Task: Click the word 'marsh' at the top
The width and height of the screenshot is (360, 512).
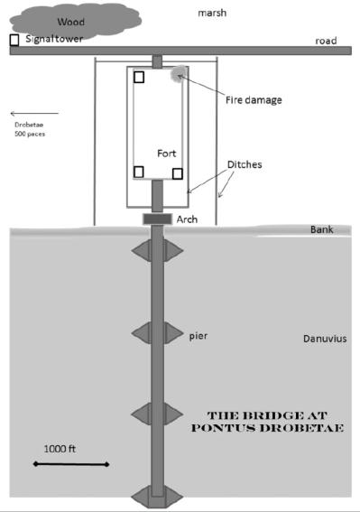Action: tap(212, 13)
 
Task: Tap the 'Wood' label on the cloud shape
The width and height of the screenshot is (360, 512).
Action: tap(70, 22)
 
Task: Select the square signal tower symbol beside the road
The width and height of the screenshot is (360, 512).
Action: tap(14, 40)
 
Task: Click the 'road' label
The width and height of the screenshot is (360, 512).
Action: tap(326, 41)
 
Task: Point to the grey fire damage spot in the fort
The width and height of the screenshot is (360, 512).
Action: tap(179, 74)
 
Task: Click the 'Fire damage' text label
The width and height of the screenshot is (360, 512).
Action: tap(254, 99)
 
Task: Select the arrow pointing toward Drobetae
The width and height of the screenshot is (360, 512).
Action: tap(34, 114)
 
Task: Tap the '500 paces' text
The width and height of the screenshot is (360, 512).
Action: tap(30, 134)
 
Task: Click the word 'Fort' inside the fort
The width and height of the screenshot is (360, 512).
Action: tap(166, 154)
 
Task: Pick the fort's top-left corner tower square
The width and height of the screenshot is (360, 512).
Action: tap(139, 77)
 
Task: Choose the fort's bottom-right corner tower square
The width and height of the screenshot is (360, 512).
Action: tap(177, 173)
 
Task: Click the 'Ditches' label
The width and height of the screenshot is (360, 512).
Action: tap(245, 164)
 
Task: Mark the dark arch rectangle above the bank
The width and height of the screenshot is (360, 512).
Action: tap(157, 219)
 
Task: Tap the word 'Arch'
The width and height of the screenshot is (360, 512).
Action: tap(187, 219)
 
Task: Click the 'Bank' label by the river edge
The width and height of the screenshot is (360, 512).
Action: tap(322, 229)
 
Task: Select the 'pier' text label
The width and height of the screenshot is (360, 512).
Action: tap(198, 336)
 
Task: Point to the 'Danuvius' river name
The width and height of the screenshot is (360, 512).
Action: tap(325, 339)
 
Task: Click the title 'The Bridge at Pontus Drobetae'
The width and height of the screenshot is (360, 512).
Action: tap(267, 422)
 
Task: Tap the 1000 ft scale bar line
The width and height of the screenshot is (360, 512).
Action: tap(71, 464)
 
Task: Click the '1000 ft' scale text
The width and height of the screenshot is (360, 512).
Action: tap(60, 449)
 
